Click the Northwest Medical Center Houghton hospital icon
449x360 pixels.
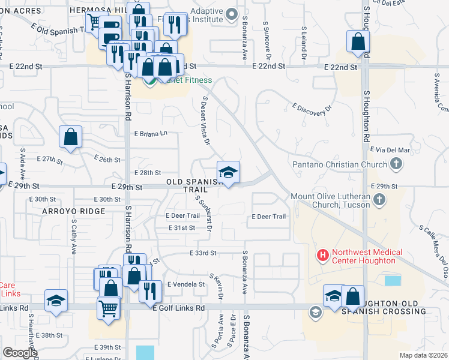tap(323, 256)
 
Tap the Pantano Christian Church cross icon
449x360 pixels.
tap(396, 164)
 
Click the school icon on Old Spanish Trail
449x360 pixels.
tap(228, 173)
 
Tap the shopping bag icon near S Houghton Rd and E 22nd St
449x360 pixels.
tap(358, 43)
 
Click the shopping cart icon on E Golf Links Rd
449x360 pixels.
tap(108, 308)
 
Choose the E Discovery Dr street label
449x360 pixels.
tap(312, 108)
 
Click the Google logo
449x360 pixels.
tap(19, 353)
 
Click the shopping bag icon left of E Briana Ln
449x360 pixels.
tap(70, 137)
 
